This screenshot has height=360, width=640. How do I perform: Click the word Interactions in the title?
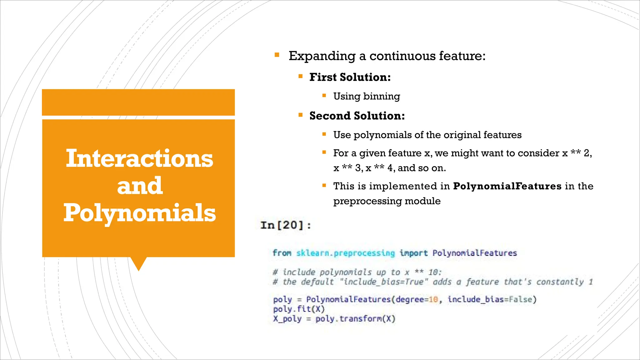[x=139, y=158]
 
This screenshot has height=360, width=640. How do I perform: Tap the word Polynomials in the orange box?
[x=140, y=213]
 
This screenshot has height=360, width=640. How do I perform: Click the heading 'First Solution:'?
[x=350, y=77]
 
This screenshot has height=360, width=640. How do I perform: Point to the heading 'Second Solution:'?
[x=357, y=116]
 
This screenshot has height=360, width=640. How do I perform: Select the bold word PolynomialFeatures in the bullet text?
[x=507, y=186]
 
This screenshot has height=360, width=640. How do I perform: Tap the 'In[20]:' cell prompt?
[x=286, y=225]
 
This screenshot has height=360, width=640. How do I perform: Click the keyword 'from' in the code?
[x=282, y=253]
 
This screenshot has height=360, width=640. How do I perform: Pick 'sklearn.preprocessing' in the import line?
[x=345, y=253]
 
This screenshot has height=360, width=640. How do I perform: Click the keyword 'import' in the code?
[x=413, y=253]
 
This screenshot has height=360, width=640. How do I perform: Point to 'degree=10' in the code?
[x=417, y=299]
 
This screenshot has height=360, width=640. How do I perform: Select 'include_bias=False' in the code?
[x=492, y=299]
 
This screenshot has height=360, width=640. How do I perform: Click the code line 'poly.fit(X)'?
[x=299, y=309]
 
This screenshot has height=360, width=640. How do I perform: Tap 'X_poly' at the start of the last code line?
[x=287, y=319]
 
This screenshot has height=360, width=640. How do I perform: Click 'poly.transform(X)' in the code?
[x=355, y=319]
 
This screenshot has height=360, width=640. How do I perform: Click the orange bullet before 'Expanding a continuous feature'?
[x=277, y=55]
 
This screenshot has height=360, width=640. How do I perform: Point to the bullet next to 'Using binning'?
[x=324, y=95]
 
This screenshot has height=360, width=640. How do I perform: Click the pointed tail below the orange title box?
[x=138, y=263]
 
